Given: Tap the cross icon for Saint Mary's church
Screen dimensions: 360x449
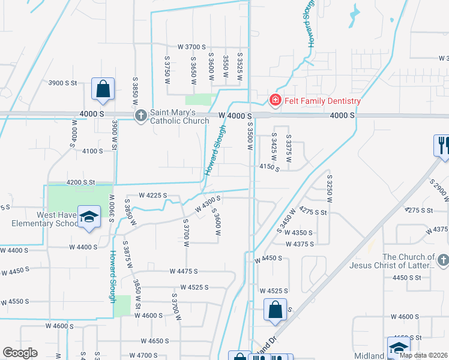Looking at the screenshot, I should click(140, 115).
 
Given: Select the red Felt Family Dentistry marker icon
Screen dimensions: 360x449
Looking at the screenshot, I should click(275, 100).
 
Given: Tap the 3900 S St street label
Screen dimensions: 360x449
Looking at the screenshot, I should click(64, 83).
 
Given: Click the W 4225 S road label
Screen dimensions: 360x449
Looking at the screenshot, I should click(152, 195).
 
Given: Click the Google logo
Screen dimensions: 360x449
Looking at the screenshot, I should click(20, 353).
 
